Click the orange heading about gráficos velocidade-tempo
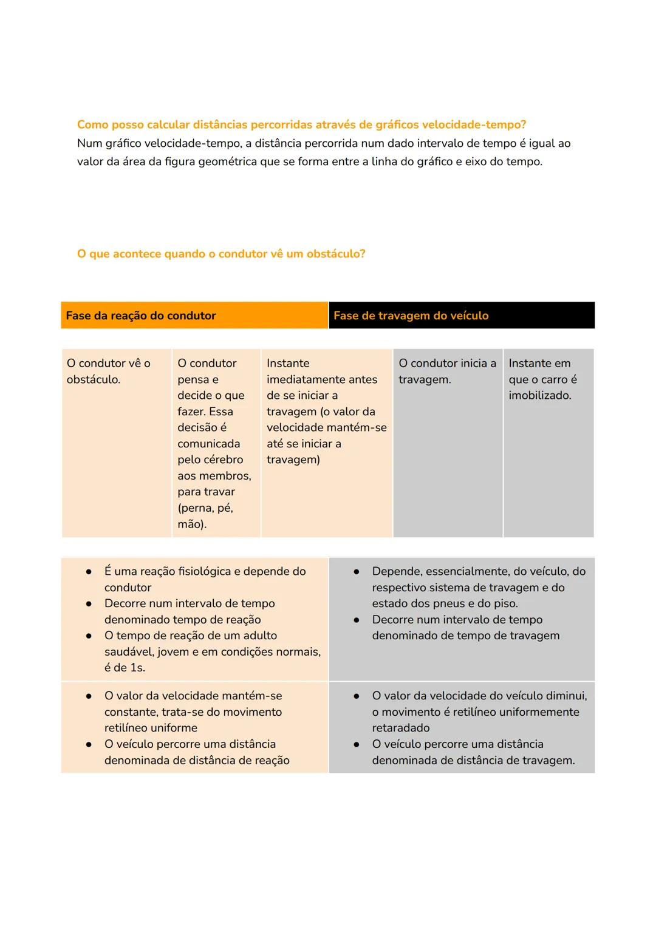(x=301, y=124)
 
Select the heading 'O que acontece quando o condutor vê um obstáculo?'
(x=221, y=254)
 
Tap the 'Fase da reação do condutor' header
(x=141, y=316)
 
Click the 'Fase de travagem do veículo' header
(x=411, y=316)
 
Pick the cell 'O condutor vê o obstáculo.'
(x=108, y=371)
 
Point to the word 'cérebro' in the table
(x=222, y=460)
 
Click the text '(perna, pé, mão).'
(x=205, y=516)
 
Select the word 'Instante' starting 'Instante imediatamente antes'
(x=288, y=363)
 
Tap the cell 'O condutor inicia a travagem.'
(x=447, y=371)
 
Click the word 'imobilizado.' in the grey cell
(x=539, y=395)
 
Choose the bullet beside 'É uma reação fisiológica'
(x=89, y=572)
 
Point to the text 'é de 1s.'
(x=125, y=667)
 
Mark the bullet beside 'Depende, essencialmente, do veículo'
(x=357, y=572)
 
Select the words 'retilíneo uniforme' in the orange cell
(x=151, y=728)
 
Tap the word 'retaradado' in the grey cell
(x=401, y=728)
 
